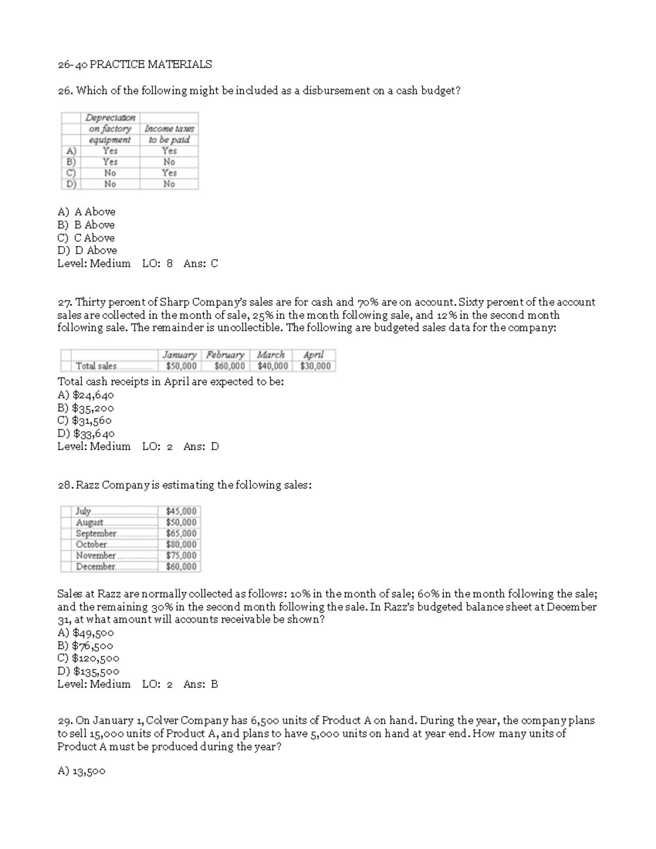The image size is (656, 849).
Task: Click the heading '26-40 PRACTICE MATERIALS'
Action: (134, 65)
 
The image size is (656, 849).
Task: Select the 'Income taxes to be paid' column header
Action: (169, 134)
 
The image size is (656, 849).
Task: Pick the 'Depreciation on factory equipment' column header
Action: (110, 128)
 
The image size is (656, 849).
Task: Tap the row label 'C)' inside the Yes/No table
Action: (71, 173)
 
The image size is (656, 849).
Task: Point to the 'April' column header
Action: (313, 355)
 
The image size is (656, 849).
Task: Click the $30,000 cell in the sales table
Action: (315, 366)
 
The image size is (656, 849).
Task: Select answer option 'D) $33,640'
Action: (86, 434)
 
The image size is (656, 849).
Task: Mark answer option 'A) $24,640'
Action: (86, 395)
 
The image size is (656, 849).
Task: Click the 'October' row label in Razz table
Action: (91, 544)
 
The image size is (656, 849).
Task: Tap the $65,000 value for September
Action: (181, 534)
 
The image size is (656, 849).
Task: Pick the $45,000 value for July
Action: (181, 511)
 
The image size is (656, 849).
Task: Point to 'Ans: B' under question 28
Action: (201, 684)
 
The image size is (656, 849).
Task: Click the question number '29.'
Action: (65, 721)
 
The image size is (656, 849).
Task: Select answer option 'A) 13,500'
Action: (81, 771)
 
